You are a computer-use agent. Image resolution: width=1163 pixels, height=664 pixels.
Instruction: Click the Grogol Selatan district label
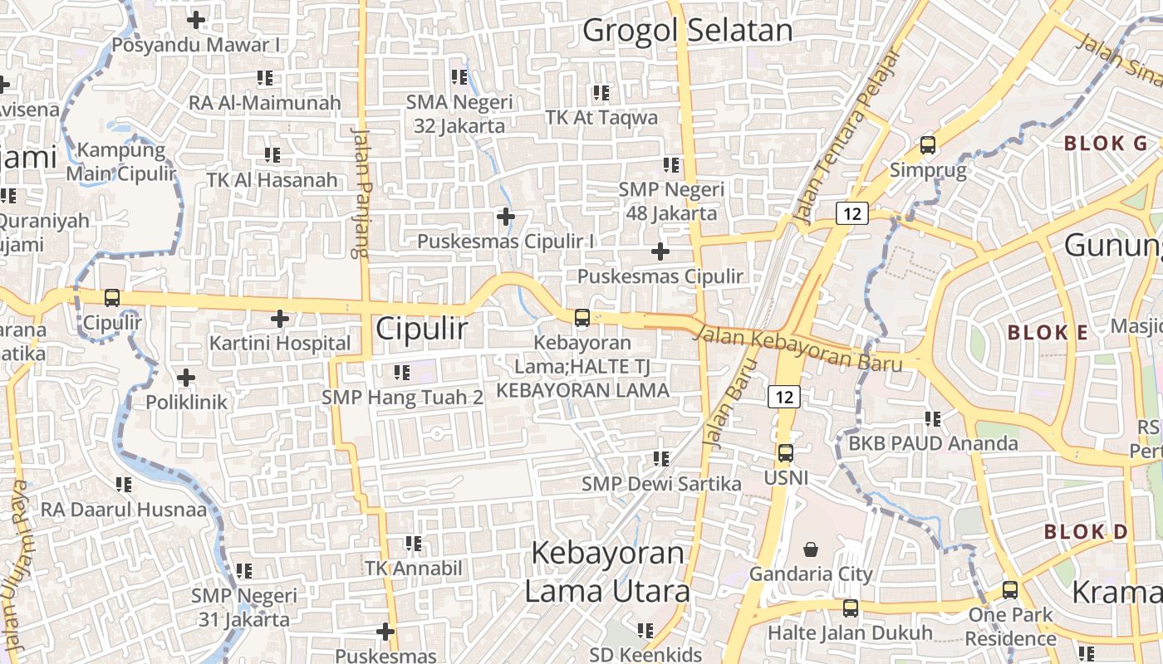click(x=688, y=31)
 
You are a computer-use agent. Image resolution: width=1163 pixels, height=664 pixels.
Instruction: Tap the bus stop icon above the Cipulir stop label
click(x=112, y=297)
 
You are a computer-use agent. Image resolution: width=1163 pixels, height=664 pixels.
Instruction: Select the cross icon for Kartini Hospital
click(x=280, y=318)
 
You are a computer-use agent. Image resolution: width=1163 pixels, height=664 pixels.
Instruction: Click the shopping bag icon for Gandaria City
click(x=811, y=549)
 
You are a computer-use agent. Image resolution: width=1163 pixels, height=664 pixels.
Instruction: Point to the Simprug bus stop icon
click(x=928, y=145)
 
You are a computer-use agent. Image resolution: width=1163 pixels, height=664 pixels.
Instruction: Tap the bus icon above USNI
click(x=785, y=453)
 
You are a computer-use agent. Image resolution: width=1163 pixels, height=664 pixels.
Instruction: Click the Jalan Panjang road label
click(x=360, y=193)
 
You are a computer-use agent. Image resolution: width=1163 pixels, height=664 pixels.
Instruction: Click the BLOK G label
click(x=1106, y=143)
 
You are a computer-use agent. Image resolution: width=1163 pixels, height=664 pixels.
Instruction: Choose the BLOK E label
click(x=1048, y=333)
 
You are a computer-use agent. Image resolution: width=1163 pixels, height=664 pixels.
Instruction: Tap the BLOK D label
click(x=1086, y=531)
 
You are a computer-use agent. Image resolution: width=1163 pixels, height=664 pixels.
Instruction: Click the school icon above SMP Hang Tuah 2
click(x=402, y=372)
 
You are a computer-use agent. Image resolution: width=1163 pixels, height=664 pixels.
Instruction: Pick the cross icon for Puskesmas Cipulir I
click(x=505, y=217)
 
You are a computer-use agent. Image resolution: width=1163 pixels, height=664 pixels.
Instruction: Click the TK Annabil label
click(x=414, y=569)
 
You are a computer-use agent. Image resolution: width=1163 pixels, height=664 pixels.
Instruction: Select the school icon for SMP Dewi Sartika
click(x=661, y=458)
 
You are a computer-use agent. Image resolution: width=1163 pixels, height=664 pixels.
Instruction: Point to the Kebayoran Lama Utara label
click(x=606, y=572)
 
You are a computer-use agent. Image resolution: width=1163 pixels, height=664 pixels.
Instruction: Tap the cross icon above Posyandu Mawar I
click(x=196, y=19)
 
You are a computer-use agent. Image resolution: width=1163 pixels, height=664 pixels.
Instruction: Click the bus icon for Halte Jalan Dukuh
click(x=851, y=608)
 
